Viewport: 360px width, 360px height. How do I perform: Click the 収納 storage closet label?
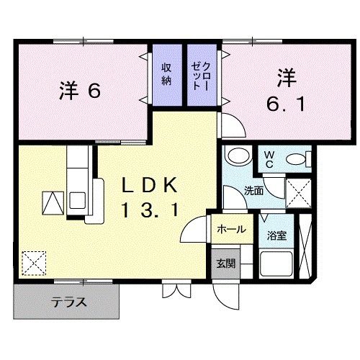coord(166,73)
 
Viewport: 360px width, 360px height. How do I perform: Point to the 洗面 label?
coord(253,192)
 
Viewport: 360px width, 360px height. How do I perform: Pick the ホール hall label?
coord(230,230)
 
